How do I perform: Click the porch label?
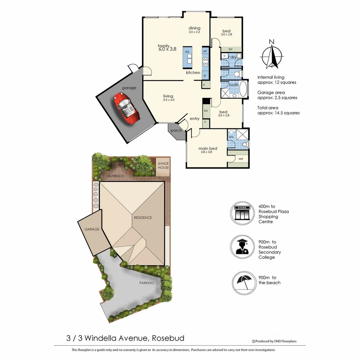176,130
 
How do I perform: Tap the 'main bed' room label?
208,148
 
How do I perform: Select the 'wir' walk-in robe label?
241,159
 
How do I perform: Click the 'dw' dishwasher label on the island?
187,52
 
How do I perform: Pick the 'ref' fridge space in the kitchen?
205,51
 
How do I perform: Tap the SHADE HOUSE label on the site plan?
163,165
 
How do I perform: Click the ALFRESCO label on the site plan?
116,175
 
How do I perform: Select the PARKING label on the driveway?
147,283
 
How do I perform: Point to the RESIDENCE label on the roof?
143,218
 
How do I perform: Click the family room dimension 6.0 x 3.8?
167,49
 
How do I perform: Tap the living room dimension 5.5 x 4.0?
169,100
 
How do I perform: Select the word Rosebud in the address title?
168,338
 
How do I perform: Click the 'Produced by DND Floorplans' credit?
275,341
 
